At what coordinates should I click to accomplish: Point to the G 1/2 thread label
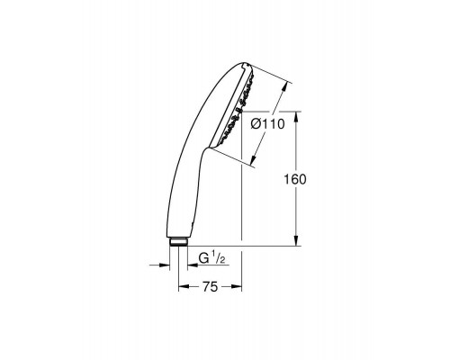(211, 260)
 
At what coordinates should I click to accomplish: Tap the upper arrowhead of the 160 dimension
(296, 114)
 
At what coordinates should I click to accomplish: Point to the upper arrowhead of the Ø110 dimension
(285, 87)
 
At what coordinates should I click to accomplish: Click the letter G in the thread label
(202, 260)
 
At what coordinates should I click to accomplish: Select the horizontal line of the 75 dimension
(209, 288)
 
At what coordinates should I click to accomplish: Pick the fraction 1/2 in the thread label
(220, 260)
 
